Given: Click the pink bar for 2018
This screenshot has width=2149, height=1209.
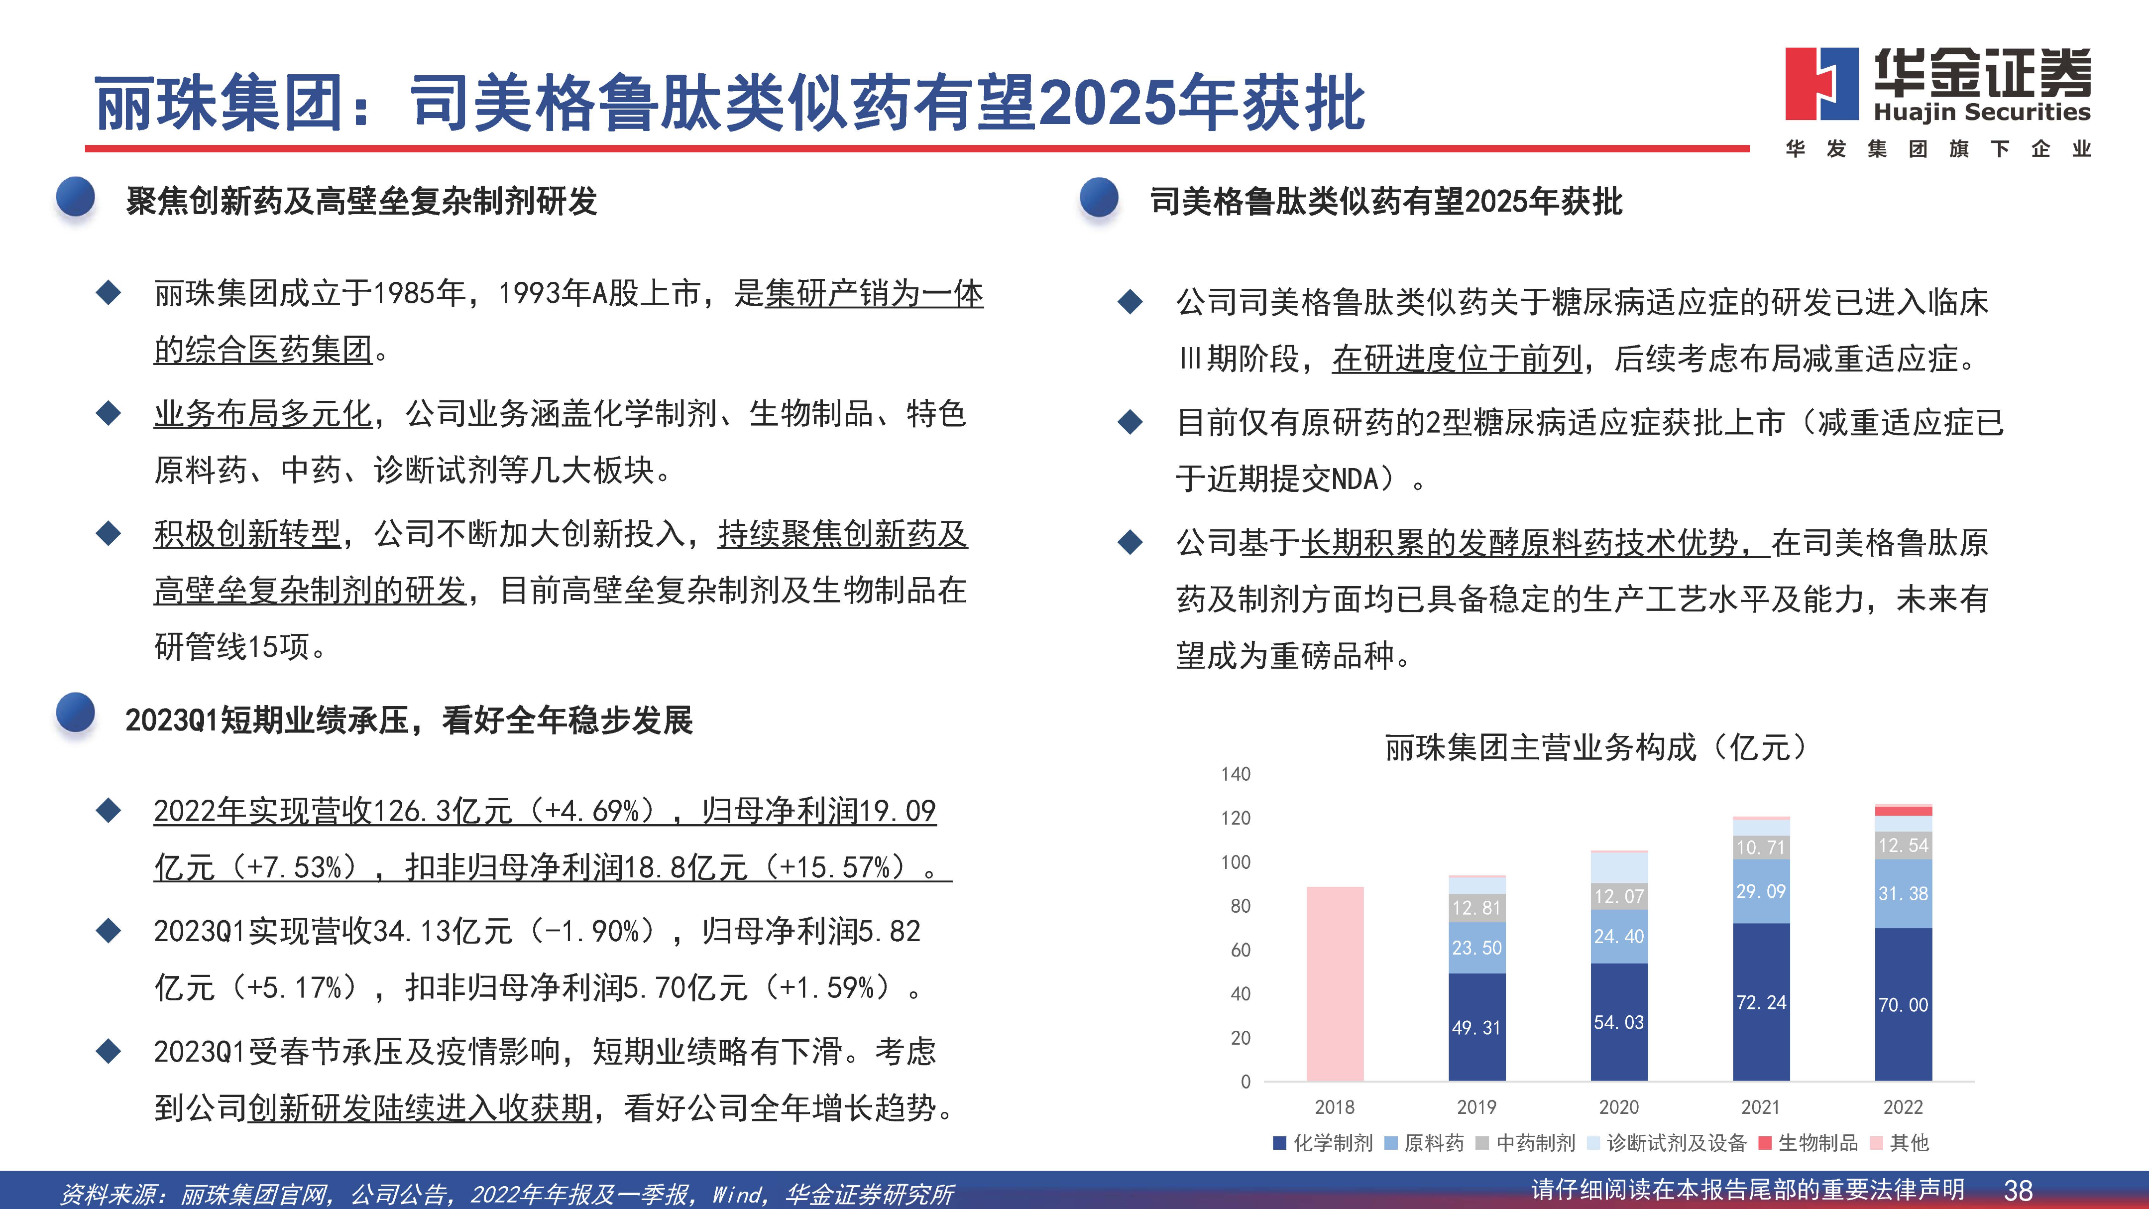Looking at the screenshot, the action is click(1335, 984).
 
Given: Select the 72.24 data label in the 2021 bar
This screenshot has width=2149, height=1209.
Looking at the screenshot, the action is click(1761, 1002).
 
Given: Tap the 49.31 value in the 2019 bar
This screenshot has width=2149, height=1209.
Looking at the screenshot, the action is click(1476, 1027).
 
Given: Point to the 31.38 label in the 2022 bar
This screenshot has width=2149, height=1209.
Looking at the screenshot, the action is click(1903, 894).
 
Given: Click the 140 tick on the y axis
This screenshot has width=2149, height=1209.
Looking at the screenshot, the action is click(1236, 773).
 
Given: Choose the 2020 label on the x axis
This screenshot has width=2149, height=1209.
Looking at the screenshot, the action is click(1618, 1107).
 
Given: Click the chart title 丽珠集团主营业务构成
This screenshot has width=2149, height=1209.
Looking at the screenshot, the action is click(1540, 747).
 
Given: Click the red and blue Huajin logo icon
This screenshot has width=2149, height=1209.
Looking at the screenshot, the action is click(1822, 84).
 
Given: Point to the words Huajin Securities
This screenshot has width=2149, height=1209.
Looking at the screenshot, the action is click(1982, 113).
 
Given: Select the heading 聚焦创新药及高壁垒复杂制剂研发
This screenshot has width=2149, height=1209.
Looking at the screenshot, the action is click(362, 201).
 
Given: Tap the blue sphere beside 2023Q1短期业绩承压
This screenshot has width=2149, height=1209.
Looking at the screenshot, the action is click(76, 714).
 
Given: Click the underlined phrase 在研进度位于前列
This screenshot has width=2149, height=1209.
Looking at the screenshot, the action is click(1458, 359).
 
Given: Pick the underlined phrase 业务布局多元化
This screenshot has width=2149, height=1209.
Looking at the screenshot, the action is click(263, 414).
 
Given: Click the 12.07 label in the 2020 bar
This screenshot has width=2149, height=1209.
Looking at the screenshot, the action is click(1618, 896).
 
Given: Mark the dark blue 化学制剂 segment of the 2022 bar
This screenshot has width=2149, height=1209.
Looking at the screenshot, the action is click(1903, 1004).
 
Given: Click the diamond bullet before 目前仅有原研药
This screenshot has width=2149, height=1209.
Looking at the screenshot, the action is click(1131, 422).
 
